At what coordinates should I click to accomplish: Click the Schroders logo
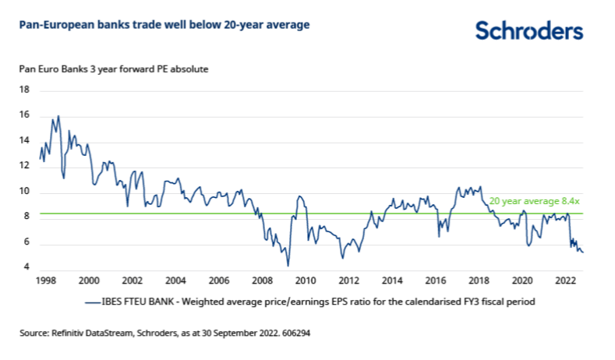(528, 30)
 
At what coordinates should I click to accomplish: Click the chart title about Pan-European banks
(164, 25)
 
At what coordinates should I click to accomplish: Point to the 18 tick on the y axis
(24, 90)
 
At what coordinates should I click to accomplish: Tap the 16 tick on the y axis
(24, 115)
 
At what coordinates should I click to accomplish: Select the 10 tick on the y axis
(24, 192)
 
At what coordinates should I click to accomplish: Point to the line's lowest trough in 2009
(288, 265)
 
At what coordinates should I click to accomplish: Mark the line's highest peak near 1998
(58, 116)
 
